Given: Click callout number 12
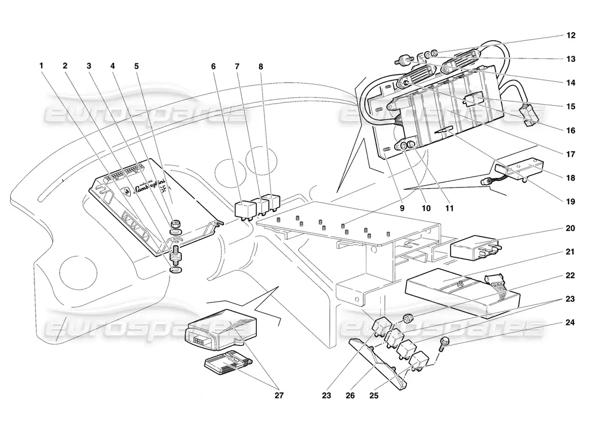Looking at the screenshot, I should (570, 35).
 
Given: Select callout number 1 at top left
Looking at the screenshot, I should (41, 66).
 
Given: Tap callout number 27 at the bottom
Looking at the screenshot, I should (278, 396).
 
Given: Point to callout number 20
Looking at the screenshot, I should (570, 228).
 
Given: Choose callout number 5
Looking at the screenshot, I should (136, 66).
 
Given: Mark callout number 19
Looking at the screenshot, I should (570, 202).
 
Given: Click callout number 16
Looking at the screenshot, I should (570, 130).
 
